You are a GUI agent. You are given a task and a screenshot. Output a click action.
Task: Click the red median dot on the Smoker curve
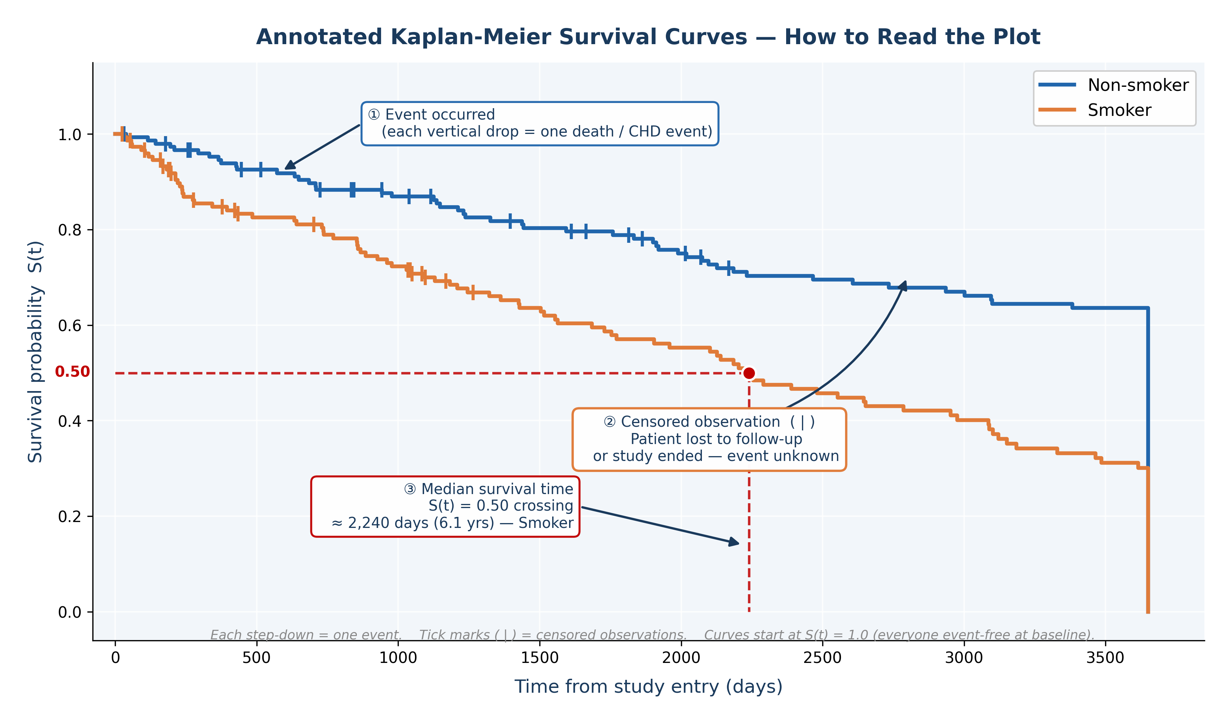coord(749,373)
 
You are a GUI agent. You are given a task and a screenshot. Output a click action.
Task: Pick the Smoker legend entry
coord(1095,110)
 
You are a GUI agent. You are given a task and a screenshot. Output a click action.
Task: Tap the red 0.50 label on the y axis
coord(72,372)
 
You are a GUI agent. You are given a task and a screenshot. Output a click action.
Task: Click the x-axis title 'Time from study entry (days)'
coord(648,686)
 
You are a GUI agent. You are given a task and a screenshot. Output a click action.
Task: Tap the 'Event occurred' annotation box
coord(540,124)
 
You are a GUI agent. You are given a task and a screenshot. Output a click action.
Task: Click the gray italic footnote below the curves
coord(652,635)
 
